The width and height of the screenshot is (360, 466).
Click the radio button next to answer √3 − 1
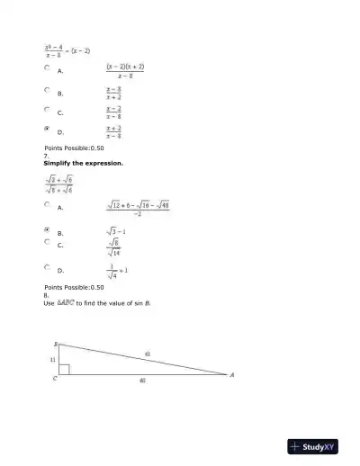[47, 230]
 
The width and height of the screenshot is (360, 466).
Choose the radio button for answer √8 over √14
[47, 242]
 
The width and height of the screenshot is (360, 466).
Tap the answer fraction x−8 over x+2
[113, 93]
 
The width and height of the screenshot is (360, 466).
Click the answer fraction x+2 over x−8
[113, 132]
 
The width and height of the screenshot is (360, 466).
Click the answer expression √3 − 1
[115, 231]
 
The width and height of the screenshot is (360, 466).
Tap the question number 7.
[46, 155]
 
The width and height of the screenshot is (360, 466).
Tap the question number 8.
[46, 295]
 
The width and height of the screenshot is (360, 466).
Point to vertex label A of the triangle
[232, 374]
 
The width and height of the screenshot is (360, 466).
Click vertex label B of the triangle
[55, 344]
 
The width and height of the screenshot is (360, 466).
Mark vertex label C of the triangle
[55, 379]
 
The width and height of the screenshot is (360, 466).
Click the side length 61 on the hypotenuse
[148, 354]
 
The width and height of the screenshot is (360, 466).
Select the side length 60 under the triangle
[142, 381]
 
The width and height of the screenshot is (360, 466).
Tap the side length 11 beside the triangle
[52, 360]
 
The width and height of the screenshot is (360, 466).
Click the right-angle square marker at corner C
[64, 369]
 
